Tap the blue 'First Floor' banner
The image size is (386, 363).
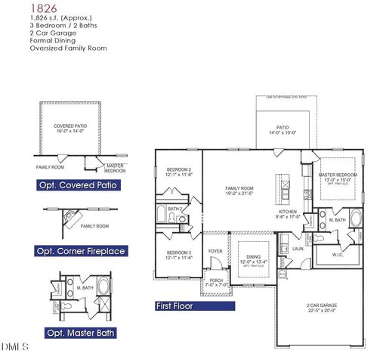[174, 306]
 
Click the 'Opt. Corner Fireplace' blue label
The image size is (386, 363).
[81, 250]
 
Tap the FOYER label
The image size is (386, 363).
[215, 251]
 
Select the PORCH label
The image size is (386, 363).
[215, 282]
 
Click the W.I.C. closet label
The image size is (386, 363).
[338, 255]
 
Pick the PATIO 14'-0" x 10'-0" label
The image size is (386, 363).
[282, 129]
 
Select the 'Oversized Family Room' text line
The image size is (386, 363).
[68, 48]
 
